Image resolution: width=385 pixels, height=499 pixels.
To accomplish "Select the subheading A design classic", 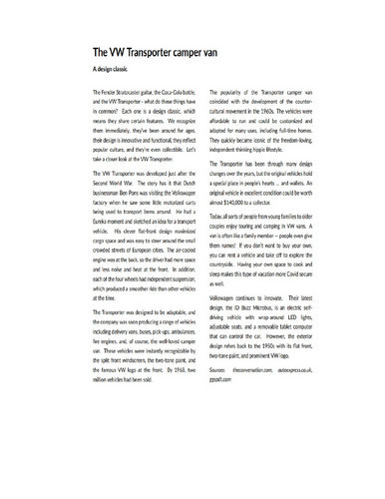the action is (x=113, y=72).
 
